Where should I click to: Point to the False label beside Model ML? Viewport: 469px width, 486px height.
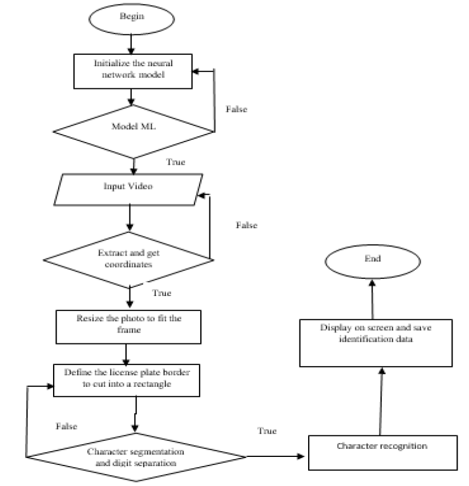(237, 109)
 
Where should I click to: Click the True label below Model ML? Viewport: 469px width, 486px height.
(176, 162)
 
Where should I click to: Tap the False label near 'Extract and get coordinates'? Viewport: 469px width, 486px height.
(246, 225)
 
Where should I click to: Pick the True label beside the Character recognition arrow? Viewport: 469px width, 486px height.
(267, 431)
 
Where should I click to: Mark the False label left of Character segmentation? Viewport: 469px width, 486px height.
(66, 426)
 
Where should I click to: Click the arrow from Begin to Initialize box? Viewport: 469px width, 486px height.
(131, 44)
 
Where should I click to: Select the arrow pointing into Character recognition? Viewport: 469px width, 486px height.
(275, 456)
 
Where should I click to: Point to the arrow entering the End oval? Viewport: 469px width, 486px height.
(372, 299)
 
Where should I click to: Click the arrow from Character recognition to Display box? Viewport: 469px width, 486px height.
(381, 402)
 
